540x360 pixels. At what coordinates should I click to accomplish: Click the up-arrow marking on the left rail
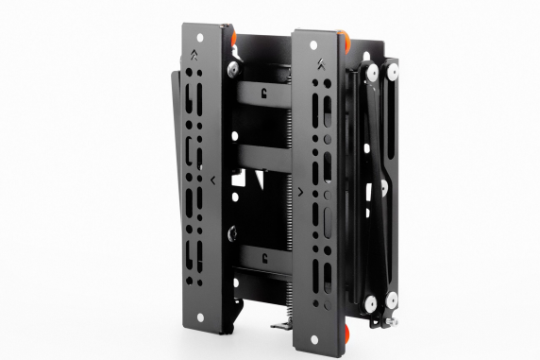pos(194,54)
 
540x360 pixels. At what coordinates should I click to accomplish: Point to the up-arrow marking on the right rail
pos(322,65)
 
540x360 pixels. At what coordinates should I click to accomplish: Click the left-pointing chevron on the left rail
pos(215,177)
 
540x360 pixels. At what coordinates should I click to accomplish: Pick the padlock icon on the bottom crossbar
pos(268,255)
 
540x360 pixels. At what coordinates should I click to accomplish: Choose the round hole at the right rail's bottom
pos(322,327)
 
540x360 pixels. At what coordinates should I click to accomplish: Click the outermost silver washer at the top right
pos(390,70)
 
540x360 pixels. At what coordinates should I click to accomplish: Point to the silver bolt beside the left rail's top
pos(229,68)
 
